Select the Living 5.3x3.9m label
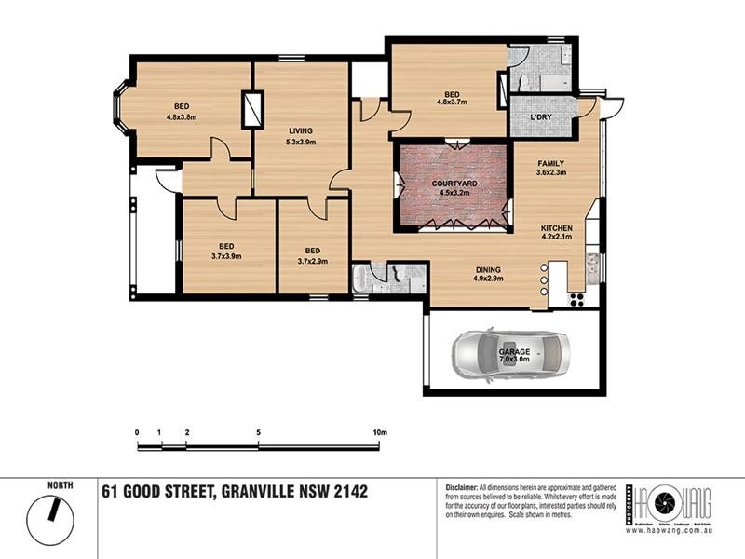(300, 136)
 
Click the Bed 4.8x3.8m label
(182, 111)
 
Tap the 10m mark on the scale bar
(379, 433)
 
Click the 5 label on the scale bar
(258, 433)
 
